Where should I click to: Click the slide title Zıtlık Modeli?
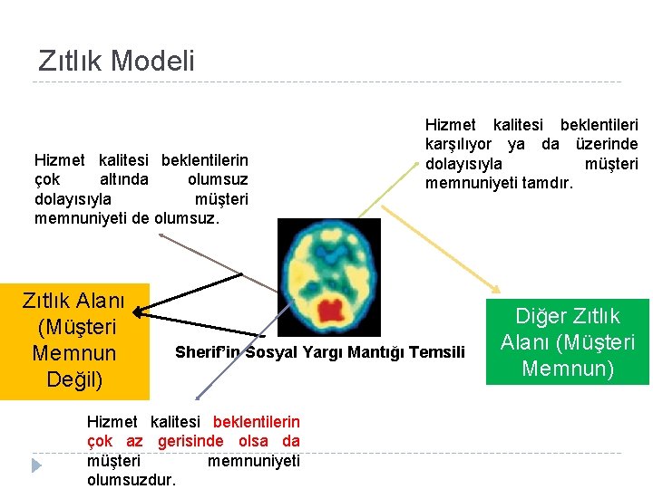click(x=116, y=61)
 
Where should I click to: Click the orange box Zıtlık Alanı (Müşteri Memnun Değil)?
click(x=73, y=340)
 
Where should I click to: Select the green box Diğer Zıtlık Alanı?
click(x=567, y=341)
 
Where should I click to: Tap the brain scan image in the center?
click(x=328, y=277)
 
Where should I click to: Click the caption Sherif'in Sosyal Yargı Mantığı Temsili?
click(x=319, y=351)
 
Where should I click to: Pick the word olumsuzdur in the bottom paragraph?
click(x=132, y=480)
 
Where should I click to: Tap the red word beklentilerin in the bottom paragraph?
click(x=256, y=421)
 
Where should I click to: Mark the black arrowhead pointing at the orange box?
click(x=139, y=313)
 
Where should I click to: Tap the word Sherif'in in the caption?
click(x=207, y=351)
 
